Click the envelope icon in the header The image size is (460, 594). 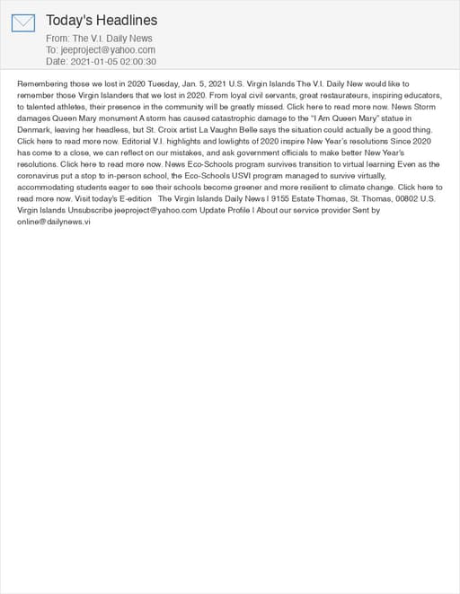point(23,23)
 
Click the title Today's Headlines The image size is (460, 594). point(102,20)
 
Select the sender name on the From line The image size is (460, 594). point(112,39)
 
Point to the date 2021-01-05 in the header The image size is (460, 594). point(93,62)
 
